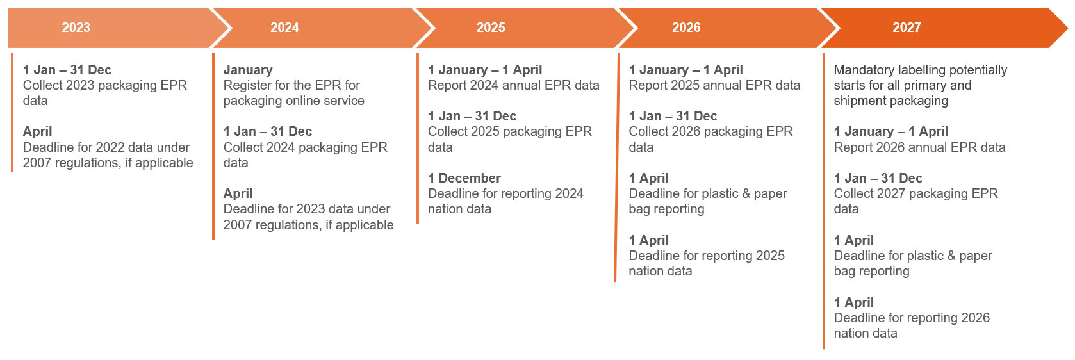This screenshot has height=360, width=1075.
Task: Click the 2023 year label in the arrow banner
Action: [76, 28]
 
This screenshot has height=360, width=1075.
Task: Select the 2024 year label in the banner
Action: [284, 28]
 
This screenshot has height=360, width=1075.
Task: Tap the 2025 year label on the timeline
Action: [491, 28]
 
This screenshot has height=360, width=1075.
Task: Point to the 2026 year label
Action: [685, 28]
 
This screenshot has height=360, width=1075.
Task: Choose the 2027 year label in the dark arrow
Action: [907, 28]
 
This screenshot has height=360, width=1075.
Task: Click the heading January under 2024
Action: [248, 70]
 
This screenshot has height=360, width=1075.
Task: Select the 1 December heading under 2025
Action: [464, 178]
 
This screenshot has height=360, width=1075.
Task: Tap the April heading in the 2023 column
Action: [37, 132]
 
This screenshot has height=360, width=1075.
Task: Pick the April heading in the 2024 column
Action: [238, 194]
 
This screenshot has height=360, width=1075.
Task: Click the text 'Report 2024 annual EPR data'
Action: [514, 85]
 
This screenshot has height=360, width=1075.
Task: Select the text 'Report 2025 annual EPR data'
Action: [714, 85]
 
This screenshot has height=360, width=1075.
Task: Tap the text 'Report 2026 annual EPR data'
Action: [919, 147]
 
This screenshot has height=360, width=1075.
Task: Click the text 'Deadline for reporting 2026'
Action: [912, 318]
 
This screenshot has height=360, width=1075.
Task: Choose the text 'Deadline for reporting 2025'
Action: [707, 256]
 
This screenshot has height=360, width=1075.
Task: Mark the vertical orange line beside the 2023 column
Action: [12, 112]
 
